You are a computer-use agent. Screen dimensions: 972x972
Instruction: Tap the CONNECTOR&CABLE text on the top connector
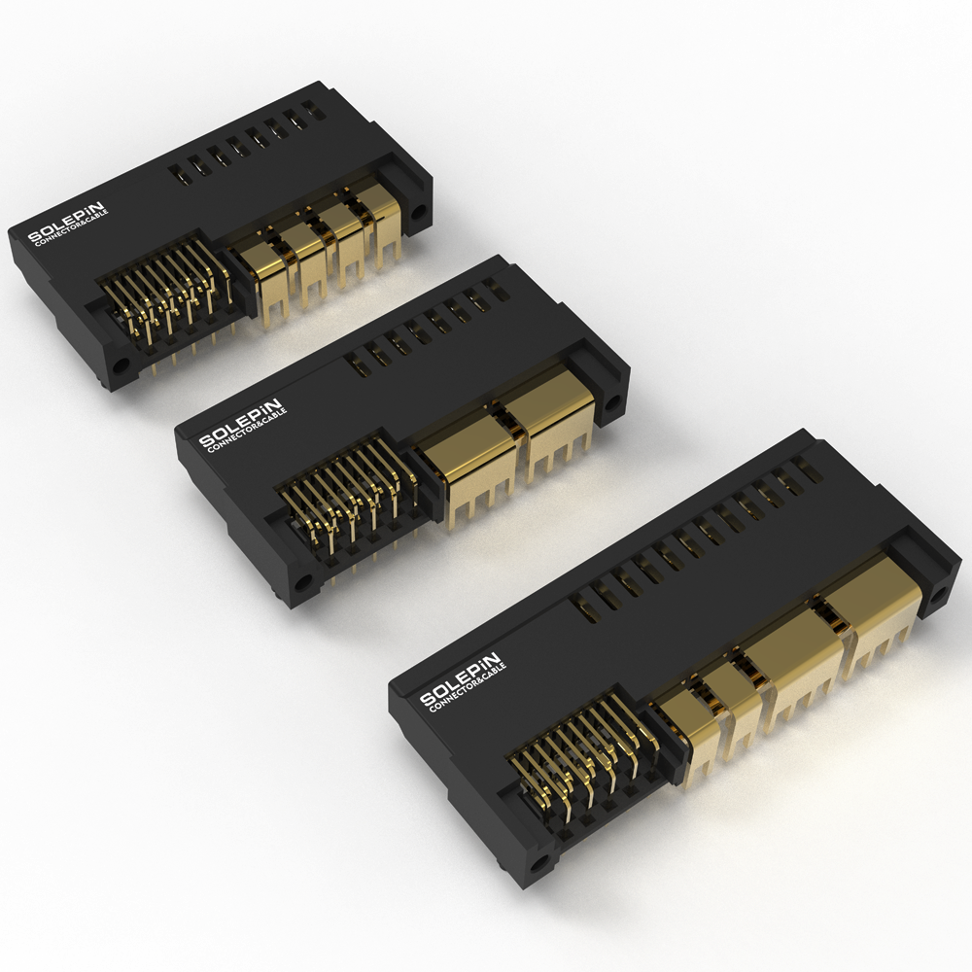[72, 228]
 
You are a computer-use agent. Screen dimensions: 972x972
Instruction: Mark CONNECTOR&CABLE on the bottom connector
[468, 688]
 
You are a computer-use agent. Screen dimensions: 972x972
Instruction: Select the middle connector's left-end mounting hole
[303, 582]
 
